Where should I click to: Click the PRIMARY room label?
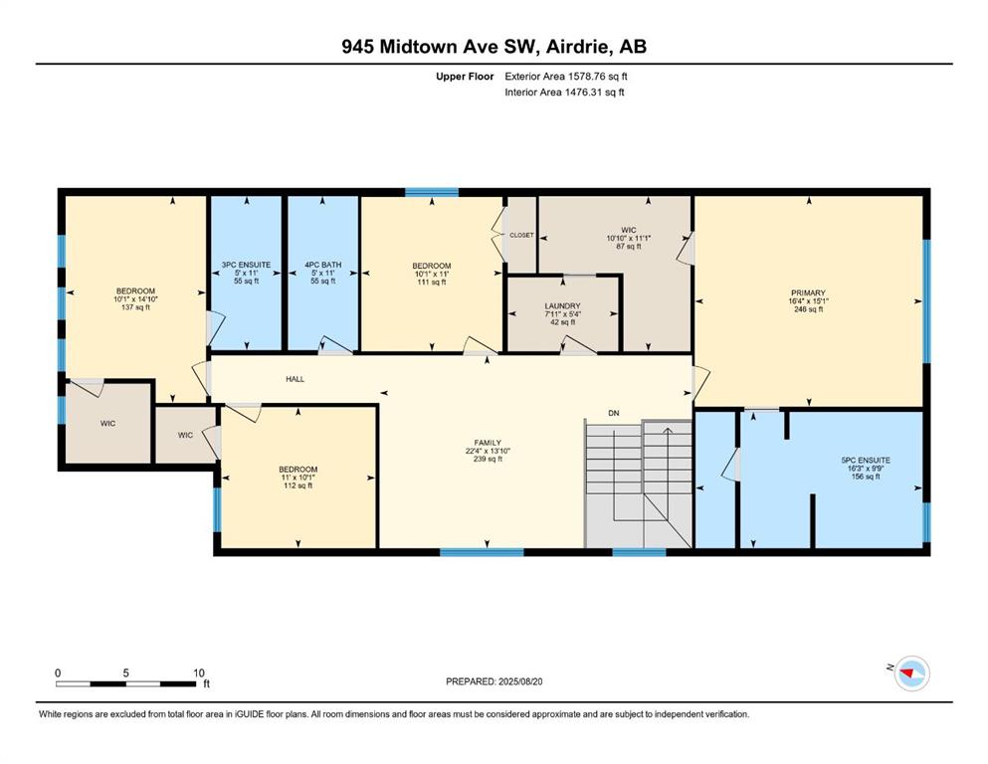coord(808,292)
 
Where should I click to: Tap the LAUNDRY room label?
coord(563,305)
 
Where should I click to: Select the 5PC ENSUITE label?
coord(866,461)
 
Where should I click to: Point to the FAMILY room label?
coord(488,443)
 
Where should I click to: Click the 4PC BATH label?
coord(322,265)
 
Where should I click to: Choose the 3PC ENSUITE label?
coord(247,265)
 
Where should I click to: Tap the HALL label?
coord(295,379)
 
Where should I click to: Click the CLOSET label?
coord(521,235)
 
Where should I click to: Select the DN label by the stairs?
coord(614,413)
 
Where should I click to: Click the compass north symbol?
coord(911,673)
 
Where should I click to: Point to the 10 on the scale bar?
coord(198,672)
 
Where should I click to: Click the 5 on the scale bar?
coord(126,672)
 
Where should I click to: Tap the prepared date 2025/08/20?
coord(520,681)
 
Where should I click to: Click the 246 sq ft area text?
coord(809,309)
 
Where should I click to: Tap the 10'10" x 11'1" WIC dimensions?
coord(628,238)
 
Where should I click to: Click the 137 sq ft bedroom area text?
coord(135,307)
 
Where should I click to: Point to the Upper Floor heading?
coord(465,77)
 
